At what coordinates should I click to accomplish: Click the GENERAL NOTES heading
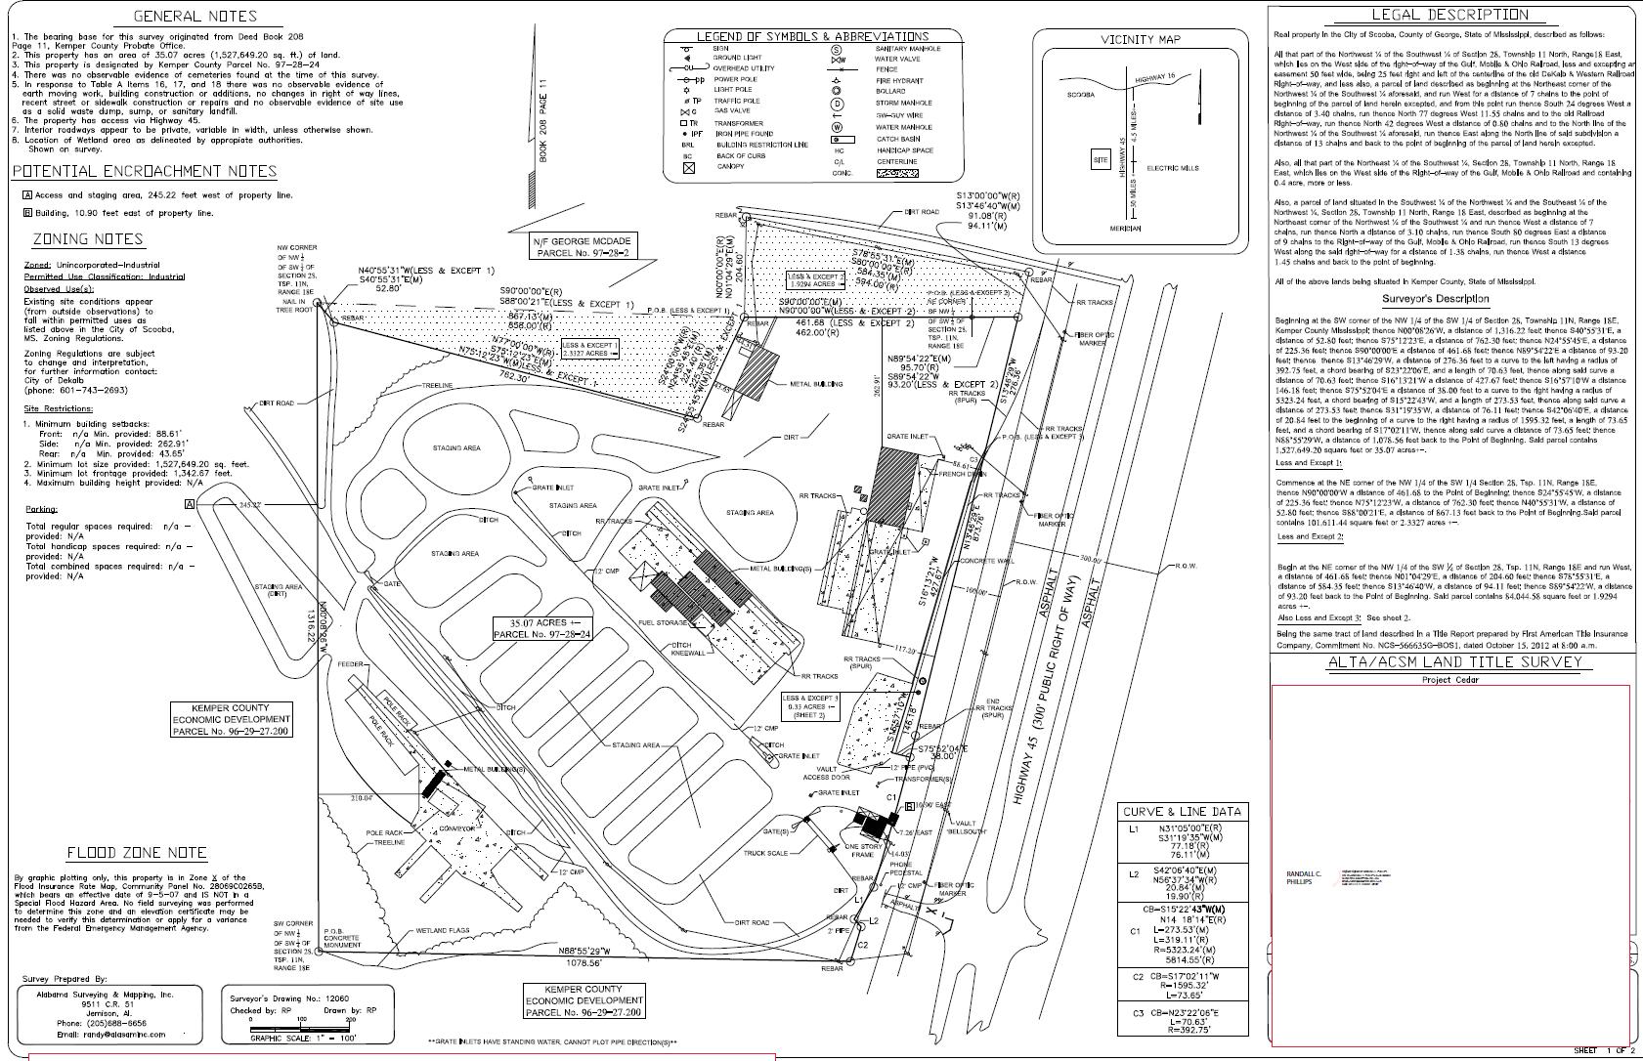point(195,16)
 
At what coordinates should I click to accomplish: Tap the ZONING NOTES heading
point(88,239)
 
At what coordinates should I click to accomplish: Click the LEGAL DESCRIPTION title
point(1449,15)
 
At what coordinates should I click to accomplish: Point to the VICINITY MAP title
point(1140,40)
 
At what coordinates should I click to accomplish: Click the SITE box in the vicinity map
point(1101,160)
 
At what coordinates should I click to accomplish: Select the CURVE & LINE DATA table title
point(1183,812)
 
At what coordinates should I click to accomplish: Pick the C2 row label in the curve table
point(1139,977)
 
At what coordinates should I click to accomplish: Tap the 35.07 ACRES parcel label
point(543,627)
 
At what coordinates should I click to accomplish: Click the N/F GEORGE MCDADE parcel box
point(581,246)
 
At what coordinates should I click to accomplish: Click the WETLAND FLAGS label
point(449,931)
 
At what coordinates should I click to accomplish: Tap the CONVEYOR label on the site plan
point(455,828)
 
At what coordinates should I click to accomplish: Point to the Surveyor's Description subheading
point(1436,299)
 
